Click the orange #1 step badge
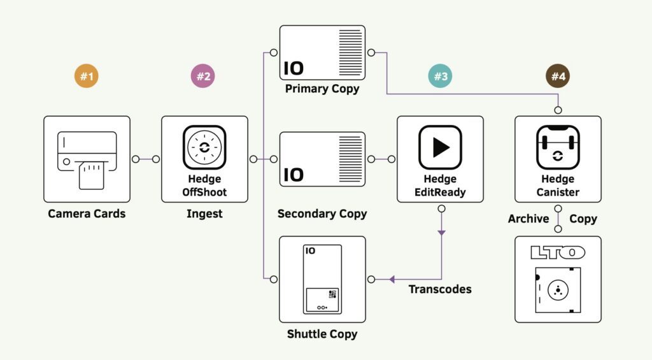[x=87, y=77]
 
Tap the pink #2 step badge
[x=203, y=77]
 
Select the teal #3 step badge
[x=440, y=77]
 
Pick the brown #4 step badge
[x=558, y=77]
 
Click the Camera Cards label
[x=87, y=214]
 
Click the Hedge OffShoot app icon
[x=204, y=147]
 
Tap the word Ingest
[x=204, y=214]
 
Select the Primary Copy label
[x=322, y=89]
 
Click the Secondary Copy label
[x=322, y=214]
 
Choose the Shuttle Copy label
[x=322, y=334]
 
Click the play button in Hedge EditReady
[x=440, y=147]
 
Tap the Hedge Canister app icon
[x=558, y=147]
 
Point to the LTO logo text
[x=558, y=253]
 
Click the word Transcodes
[x=440, y=289]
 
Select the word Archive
[x=528, y=219]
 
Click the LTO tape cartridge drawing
[x=558, y=290]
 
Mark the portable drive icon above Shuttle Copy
[x=322, y=279]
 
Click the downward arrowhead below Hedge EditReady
[x=441, y=233]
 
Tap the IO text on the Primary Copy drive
[x=294, y=68]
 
